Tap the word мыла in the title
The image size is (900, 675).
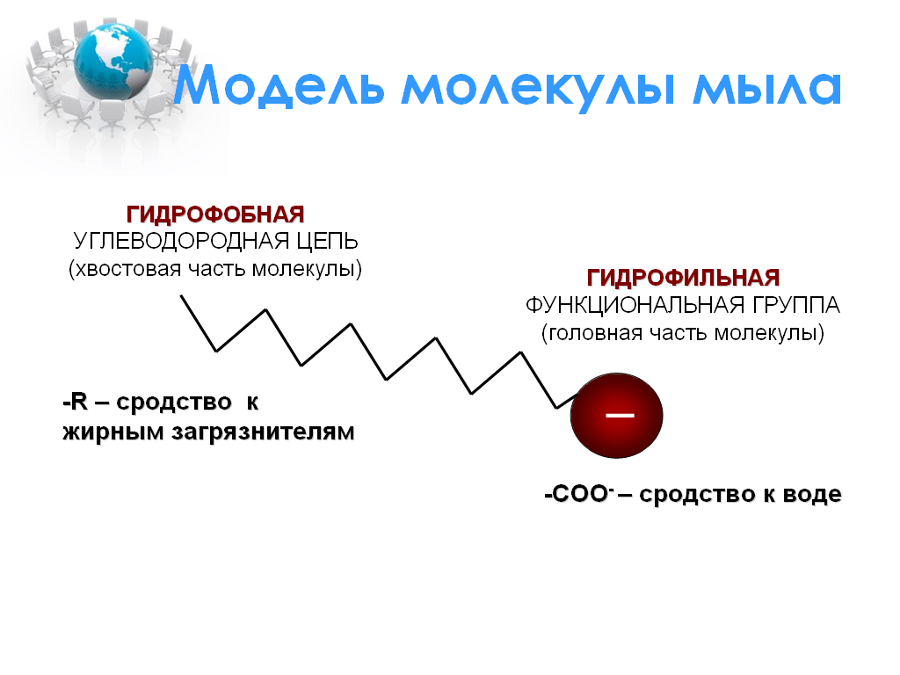[766, 87]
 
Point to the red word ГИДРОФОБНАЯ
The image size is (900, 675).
[215, 214]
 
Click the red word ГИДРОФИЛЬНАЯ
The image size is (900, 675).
[683, 278]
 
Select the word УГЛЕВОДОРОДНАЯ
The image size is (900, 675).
[181, 241]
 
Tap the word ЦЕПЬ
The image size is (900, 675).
[327, 241]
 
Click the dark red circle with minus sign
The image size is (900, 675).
[616, 416]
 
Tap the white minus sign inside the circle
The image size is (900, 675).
[620, 415]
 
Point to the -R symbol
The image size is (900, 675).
[76, 402]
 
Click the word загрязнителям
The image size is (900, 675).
[263, 432]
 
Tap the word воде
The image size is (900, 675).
[812, 494]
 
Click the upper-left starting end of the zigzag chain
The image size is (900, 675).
[182, 296]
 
